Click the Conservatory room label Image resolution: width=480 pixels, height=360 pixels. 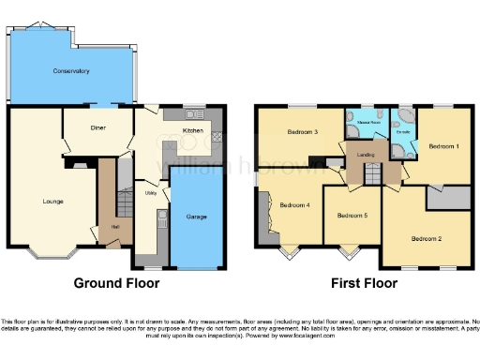tap(70, 70)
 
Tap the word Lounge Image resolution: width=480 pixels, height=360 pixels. tap(52, 201)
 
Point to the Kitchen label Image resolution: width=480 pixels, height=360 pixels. tap(192, 130)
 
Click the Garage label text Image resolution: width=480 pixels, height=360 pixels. tap(197, 217)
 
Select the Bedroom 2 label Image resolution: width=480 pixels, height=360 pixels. tap(427, 237)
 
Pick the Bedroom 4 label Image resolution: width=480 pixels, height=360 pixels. tap(294, 204)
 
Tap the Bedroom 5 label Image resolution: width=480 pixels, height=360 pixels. tap(352, 216)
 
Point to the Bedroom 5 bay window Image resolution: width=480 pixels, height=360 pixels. tap(351, 250)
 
